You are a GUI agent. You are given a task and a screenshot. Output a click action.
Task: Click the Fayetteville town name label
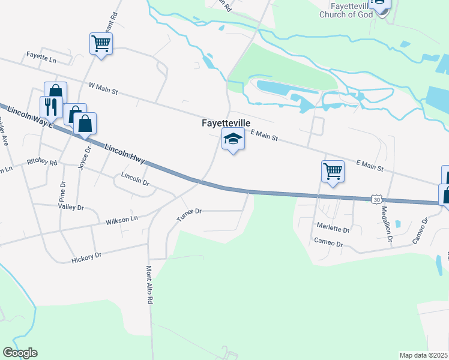click(226, 122)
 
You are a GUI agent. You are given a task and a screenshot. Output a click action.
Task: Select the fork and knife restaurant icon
click(50, 107)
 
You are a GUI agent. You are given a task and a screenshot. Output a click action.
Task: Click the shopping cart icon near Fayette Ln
click(101, 44)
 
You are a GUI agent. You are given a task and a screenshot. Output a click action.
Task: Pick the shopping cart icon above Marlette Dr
click(333, 172)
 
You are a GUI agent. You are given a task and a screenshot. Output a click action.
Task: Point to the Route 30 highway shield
click(376, 199)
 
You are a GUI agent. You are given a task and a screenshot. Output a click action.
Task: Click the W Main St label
click(103, 89)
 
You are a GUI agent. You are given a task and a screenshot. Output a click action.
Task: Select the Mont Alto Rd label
click(148, 284)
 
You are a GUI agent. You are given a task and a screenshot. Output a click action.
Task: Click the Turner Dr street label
click(189, 214)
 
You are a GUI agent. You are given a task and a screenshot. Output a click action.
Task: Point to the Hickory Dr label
click(87, 257)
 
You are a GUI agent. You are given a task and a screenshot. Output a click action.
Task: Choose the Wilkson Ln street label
click(122, 221)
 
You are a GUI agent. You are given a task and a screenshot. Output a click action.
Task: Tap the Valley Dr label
click(71, 207)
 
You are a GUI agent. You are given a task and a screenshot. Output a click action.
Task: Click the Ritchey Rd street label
click(41, 163)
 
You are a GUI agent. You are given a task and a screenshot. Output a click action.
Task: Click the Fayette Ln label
click(41, 60)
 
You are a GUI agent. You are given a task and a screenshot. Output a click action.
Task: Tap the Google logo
click(20, 353)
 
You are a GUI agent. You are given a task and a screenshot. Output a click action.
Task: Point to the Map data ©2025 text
click(424, 355)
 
